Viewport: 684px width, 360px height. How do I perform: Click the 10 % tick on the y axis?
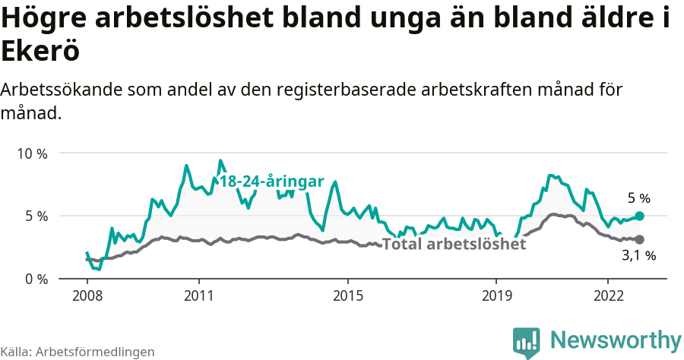click(x=32, y=153)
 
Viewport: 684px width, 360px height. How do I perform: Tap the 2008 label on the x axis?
click(x=87, y=295)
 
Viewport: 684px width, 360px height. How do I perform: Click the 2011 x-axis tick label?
click(x=198, y=295)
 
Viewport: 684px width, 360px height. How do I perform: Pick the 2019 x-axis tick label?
click(x=496, y=295)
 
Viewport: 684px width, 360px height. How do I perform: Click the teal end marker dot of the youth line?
click(x=639, y=216)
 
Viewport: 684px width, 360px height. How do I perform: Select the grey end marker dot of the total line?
click(x=639, y=239)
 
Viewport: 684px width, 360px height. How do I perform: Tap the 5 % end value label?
click(x=638, y=198)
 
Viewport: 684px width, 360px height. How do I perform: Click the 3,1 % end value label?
click(x=638, y=256)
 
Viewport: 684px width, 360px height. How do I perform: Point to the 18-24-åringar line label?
click(x=271, y=182)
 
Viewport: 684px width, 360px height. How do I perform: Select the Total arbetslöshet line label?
click(x=454, y=245)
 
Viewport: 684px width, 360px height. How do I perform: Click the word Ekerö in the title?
click(x=40, y=52)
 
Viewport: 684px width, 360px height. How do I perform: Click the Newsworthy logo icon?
click(x=526, y=342)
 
